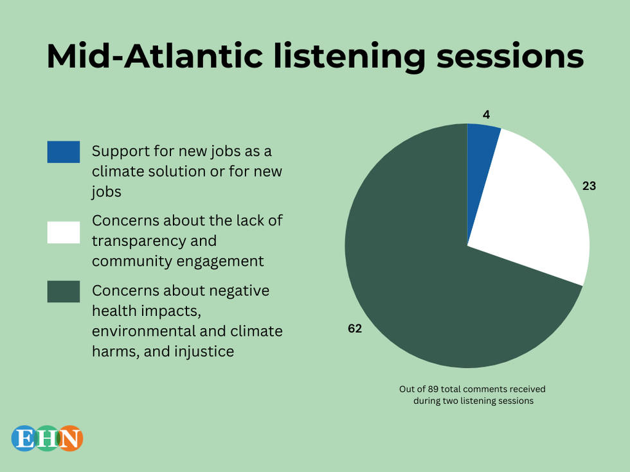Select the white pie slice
[539, 209]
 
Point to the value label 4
[486, 115]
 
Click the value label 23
[589, 186]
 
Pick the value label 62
[355, 329]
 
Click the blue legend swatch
[64, 152]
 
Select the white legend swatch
[64, 232]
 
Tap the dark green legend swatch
[64, 292]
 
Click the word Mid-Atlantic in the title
[155, 56]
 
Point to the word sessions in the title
[510, 57]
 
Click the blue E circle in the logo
[25, 438]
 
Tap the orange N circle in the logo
[69, 438]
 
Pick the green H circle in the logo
[48, 438]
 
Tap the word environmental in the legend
[143, 331]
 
